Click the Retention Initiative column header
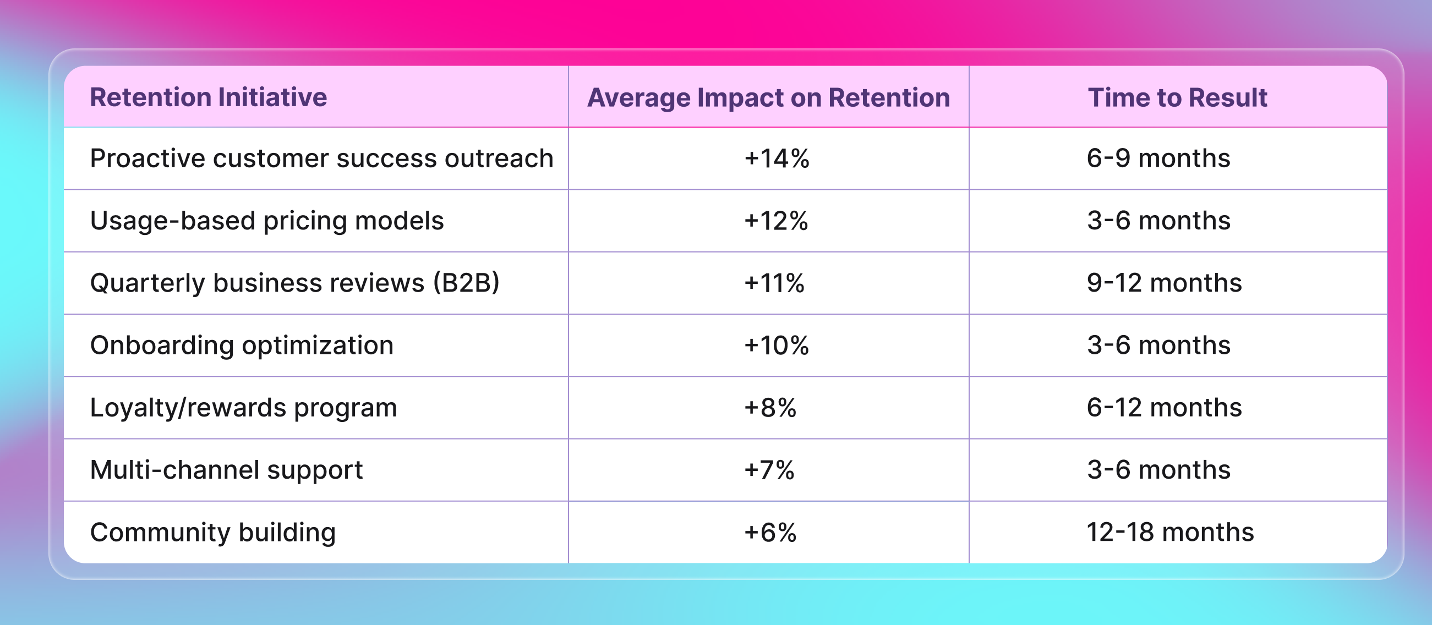click(209, 97)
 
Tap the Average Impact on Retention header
click(768, 98)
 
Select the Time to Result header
click(1177, 98)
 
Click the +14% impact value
click(777, 159)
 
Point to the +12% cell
click(776, 221)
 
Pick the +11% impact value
click(774, 283)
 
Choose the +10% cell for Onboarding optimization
click(776, 346)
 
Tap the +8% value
click(770, 408)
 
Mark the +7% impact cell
click(769, 470)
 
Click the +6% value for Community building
click(770, 532)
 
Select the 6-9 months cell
click(1158, 159)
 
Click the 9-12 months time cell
click(1164, 283)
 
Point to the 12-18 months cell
click(1170, 532)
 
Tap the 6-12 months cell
click(1164, 408)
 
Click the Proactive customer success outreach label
click(321, 159)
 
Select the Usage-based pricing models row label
click(267, 221)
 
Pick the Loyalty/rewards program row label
click(243, 408)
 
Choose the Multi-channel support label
click(226, 470)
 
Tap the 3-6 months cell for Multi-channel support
click(1158, 470)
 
